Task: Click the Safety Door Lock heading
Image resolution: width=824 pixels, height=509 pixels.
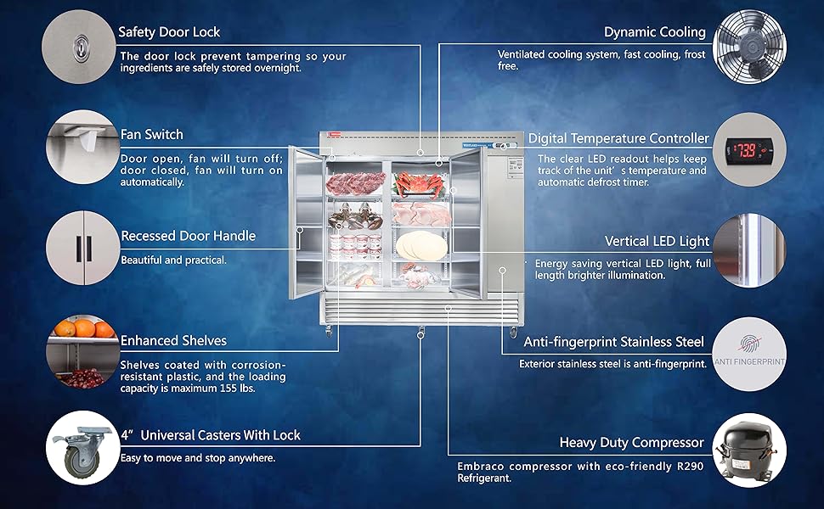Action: click(169, 32)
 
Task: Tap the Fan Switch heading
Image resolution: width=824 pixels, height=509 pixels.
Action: click(151, 134)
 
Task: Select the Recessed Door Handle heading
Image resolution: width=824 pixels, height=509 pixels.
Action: click(188, 236)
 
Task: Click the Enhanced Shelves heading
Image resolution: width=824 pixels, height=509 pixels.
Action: click(173, 340)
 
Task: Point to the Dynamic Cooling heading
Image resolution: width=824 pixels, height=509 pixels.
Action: click(654, 32)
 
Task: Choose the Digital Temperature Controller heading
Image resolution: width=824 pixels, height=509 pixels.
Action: click(618, 138)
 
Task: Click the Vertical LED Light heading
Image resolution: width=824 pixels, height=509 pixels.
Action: click(657, 242)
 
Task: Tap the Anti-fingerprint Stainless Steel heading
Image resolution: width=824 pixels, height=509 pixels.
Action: click(613, 342)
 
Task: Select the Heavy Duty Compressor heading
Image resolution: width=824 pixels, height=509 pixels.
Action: click(631, 442)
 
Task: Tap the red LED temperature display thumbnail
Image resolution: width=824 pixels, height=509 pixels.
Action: click(750, 150)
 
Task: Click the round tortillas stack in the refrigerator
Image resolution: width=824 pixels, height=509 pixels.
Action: click(420, 245)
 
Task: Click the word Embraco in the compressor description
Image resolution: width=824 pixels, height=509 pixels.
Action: click(482, 466)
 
